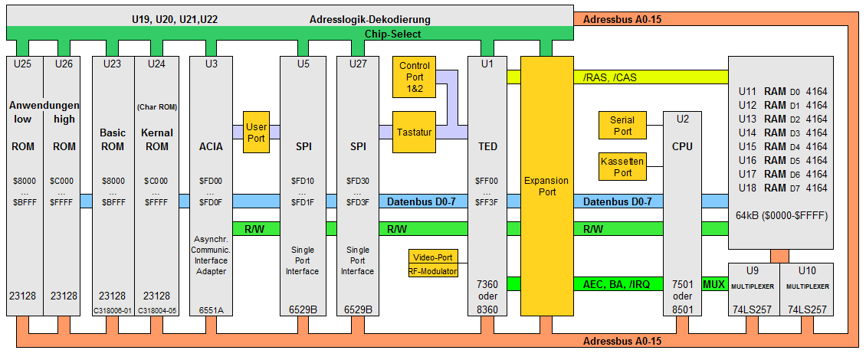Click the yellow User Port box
[257, 132]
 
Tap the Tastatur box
[414, 132]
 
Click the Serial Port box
[622, 126]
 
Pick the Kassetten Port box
[622, 167]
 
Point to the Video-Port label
[433, 257]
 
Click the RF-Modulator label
[433, 271]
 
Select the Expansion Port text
[546, 186]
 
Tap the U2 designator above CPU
[682, 119]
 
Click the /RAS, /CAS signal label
[603, 77]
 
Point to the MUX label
[713, 283]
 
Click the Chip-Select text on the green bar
[392, 34]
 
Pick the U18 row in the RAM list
[782, 188]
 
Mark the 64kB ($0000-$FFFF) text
[780, 216]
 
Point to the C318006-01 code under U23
[112, 309]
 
